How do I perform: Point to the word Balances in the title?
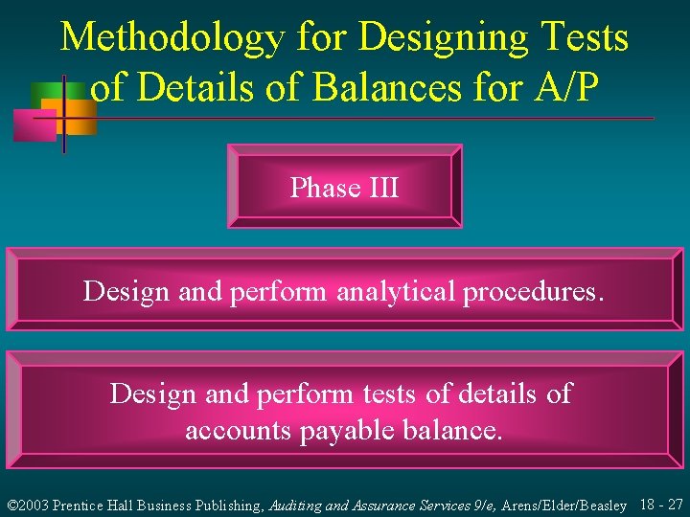coord(379,88)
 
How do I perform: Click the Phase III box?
coord(344,187)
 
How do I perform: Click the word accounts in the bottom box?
coord(239,431)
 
